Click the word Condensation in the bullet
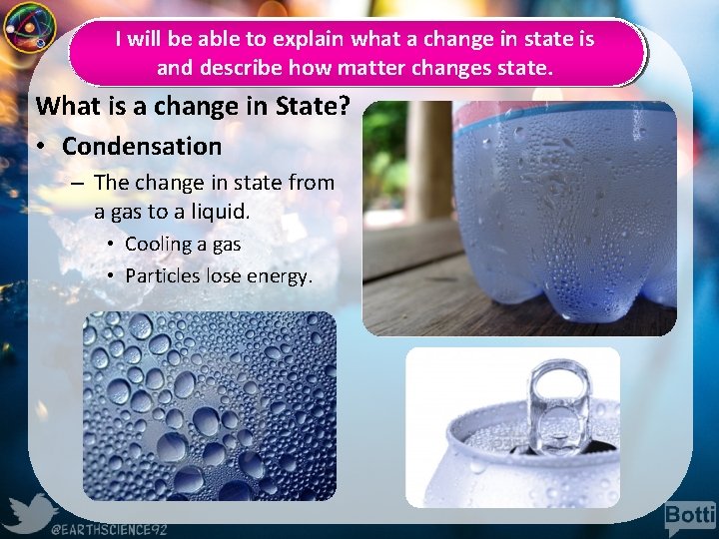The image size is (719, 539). [x=142, y=147]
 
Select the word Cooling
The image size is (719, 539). [x=158, y=245]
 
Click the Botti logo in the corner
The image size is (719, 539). [x=689, y=516]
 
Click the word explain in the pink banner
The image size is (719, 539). [x=310, y=40]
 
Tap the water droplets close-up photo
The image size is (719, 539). [x=209, y=405]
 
